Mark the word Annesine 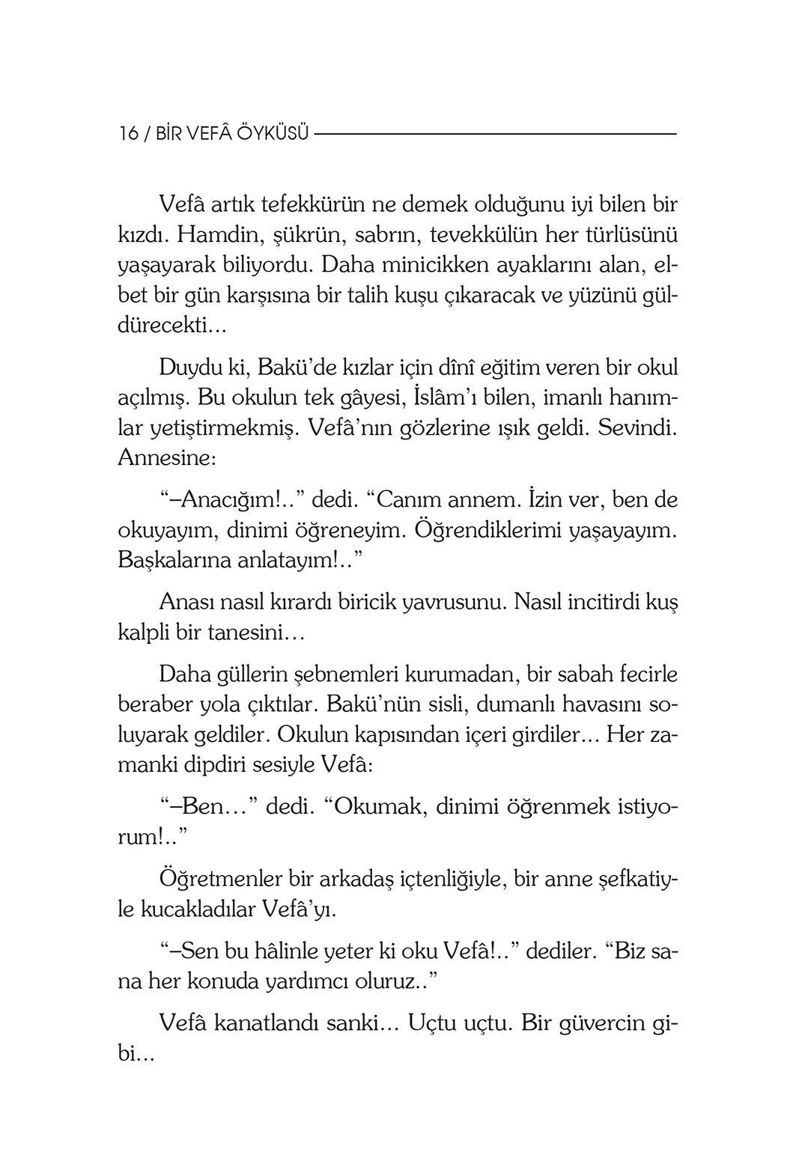(167, 459)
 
